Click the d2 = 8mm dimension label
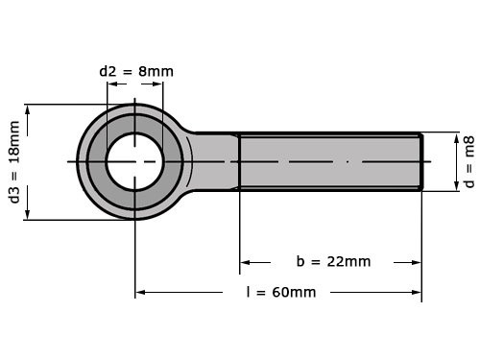(x=136, y=71)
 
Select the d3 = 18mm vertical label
(x=14, y=162)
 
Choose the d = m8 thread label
(x=469, y=162)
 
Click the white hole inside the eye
(x=134, y=161)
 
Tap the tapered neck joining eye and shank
(x=213, y=161)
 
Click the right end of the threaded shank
(x=419, y=161)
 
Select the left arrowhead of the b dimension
(x=245, y=261)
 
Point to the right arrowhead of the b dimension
(x=416, y=261)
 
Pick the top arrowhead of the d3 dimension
(x=29, y=109)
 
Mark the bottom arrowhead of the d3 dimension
(x=29, y=214)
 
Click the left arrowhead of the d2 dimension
(x=112, y=84)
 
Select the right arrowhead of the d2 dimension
(x=157, y=84)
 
